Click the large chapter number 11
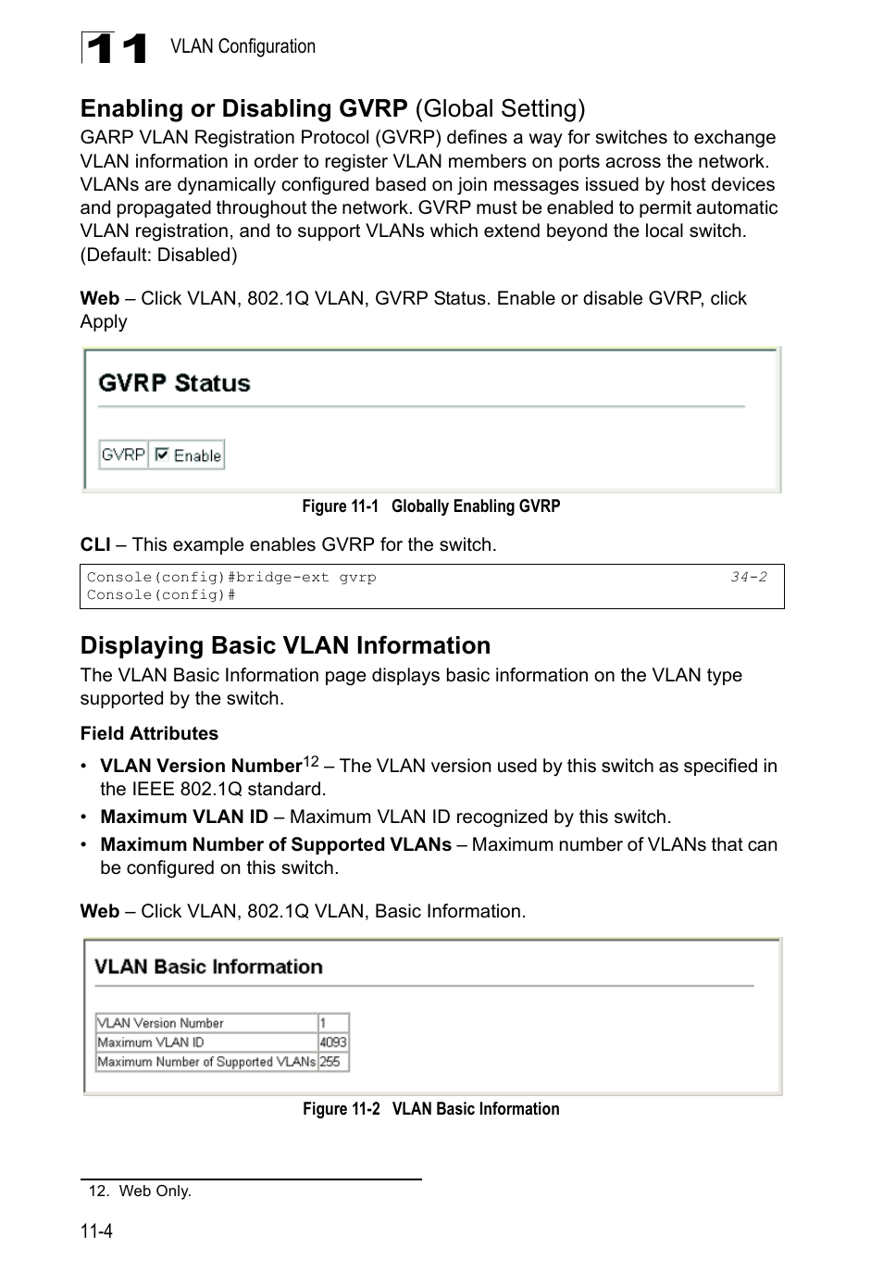click(115, 48)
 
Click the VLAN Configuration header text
click(243, 46)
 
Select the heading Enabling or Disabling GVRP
click(243, 108)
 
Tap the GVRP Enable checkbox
click(162, 455)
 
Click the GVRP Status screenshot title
click(174, 383)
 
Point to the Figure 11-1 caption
click(430, 506)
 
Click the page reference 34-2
click(748, 577)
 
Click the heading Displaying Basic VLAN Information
click(285, 645)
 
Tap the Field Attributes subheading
click(149, 733)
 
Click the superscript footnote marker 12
click(311, 761)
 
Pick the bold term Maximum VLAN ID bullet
click(184, 817)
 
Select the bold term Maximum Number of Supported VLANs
click(276, 844)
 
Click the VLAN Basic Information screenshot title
click(208, 967)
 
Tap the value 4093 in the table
click(332, 1042)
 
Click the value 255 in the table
click(330, 1062)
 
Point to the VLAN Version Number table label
click(161, 1023)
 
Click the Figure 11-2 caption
click(430, 1109)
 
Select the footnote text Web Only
click(155, 1191)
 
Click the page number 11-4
click(96, 1231)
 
